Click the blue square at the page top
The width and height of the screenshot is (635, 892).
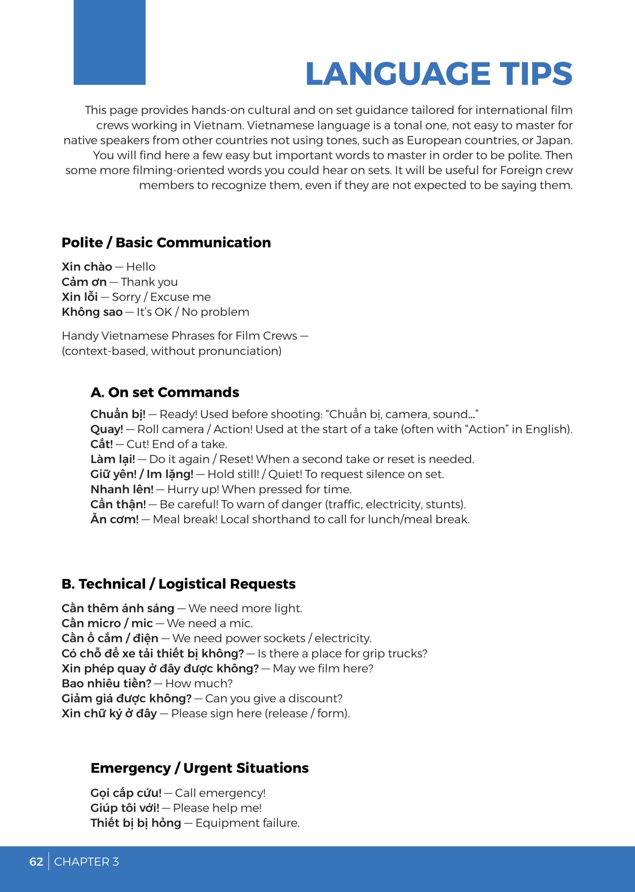pos(109,42)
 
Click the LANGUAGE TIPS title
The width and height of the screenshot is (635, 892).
pos(439,74)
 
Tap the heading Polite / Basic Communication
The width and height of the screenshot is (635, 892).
pos(166,243)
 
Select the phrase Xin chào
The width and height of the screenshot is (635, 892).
pos(87,267)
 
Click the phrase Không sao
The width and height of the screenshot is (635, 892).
pos(92,312)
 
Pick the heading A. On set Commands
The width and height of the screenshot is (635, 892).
pos(165,392)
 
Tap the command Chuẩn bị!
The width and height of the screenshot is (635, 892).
pos(118,414)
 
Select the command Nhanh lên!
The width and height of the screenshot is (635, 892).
pos(122,490)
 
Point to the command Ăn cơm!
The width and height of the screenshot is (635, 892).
pos(115,520)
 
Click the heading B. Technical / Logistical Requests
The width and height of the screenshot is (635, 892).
pos(179,584)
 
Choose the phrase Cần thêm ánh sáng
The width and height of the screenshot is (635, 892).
pos(118,608)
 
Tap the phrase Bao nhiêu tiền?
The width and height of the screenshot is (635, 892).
pos(106,684)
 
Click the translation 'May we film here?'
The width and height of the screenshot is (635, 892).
pos(323,669)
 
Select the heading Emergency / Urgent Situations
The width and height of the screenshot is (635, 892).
pos(199,768)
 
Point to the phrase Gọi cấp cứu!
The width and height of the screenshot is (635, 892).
pos(126,793)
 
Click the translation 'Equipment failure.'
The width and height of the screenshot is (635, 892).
pos(248,823)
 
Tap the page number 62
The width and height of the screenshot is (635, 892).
pos(36,862)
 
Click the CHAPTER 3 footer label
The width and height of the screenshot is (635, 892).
pos(86,862)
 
